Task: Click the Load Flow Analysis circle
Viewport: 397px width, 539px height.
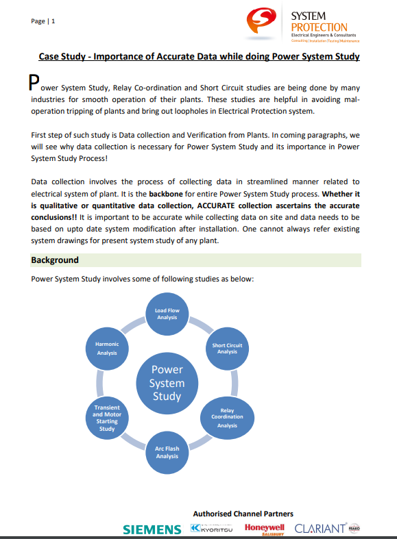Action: [167, 314]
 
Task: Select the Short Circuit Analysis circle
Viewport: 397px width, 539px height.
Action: [227, 349]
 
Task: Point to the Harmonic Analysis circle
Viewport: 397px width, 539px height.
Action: [107, 349]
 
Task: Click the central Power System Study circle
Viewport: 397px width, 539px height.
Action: [167, 383]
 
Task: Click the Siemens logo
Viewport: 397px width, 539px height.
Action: [152, 529]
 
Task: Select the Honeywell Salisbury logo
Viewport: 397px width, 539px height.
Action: [264, 529]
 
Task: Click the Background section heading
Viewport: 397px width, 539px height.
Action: [55, 260]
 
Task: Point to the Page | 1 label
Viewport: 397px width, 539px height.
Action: [43, 21]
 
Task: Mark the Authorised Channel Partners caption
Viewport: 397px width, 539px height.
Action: [243, 514]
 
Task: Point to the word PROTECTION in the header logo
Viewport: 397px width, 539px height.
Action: [319, 27]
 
